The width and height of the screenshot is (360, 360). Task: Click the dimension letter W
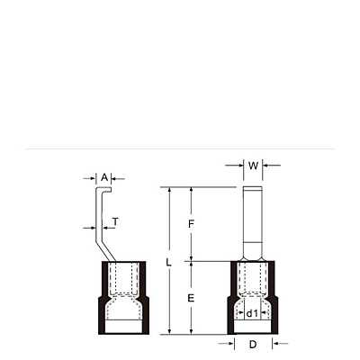point(253,166)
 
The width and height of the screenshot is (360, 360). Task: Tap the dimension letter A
point(104,177)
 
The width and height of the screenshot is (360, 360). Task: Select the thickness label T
point(115,222)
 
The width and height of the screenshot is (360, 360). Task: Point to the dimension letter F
point(191,224)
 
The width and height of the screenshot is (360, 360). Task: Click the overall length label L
point(169,263)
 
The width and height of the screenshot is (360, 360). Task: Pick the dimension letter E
point(191,298)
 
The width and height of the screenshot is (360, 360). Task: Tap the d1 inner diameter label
point(252,314)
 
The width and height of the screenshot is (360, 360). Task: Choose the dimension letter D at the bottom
point(253,345)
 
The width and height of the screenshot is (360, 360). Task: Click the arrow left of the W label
point(234,165)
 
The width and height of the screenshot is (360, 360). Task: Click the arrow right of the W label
point(272,165)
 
